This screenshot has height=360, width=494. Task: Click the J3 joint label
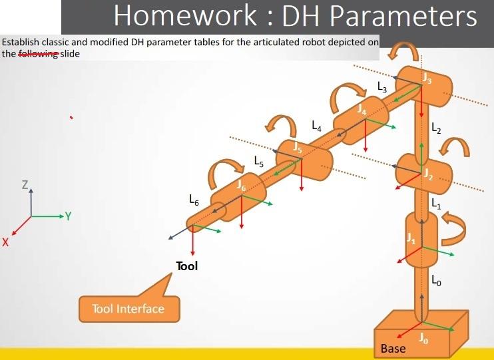point(427,79)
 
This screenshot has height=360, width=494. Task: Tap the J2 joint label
point(429,175)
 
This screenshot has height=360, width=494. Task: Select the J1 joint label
point(411,239)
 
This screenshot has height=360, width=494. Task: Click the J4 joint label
point(362,109)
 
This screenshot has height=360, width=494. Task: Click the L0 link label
point(436,281)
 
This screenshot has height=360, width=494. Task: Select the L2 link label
point(436,128)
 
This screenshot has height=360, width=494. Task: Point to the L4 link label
point(316,124)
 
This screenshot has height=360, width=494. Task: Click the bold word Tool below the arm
point(186,266)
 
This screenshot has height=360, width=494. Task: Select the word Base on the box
point(393,348)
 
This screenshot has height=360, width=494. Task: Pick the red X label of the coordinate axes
point(5,244)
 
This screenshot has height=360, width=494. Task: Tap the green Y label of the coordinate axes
point(68,216)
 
